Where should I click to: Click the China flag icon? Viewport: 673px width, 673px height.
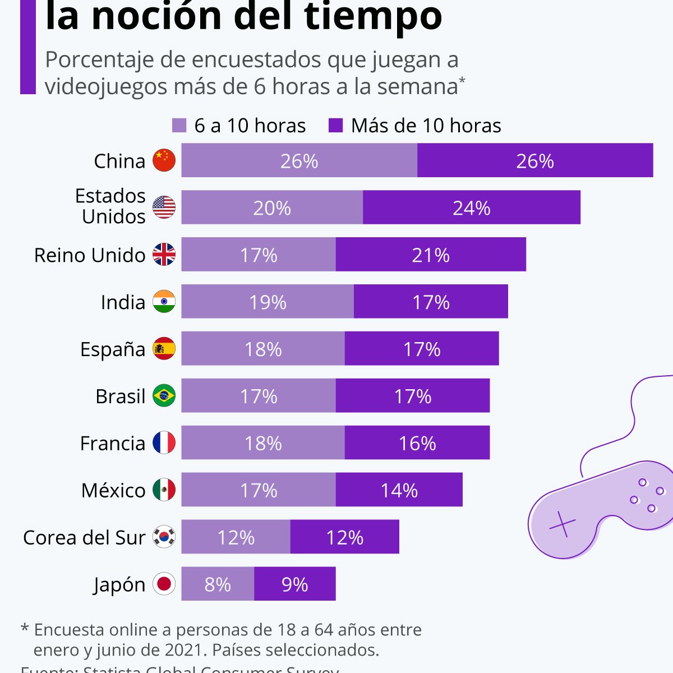164,160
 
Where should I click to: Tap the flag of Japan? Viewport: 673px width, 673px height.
164,584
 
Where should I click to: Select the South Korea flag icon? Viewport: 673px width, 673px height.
164,537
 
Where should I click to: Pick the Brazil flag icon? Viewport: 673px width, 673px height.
164,396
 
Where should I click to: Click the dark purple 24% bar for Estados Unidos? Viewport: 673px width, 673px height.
471,208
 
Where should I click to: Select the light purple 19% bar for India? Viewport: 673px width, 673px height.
268,302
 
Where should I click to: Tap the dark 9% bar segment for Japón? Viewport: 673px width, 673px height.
294,584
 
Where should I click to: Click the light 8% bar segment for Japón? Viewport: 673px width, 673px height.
218,584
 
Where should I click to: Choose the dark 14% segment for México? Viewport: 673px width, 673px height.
399,490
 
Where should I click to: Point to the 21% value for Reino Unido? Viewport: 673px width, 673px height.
430,255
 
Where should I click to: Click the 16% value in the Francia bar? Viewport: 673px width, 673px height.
417,443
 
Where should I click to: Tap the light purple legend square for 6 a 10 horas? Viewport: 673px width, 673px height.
179,126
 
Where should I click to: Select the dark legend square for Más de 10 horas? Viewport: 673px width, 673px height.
335,126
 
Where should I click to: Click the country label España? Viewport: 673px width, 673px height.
113,349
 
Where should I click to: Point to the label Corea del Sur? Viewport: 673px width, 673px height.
84,537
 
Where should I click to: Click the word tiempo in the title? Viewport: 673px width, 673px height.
373,17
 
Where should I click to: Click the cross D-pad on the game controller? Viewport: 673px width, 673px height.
562,525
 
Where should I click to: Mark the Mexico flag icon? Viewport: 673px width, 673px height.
164,490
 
